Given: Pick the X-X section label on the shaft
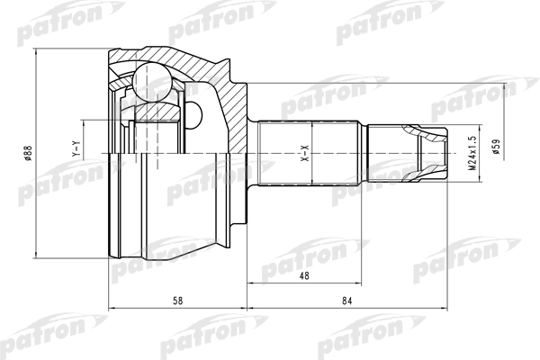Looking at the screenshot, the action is [x=305, y=154].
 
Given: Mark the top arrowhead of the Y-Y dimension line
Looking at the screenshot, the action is [x=85, y=119].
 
